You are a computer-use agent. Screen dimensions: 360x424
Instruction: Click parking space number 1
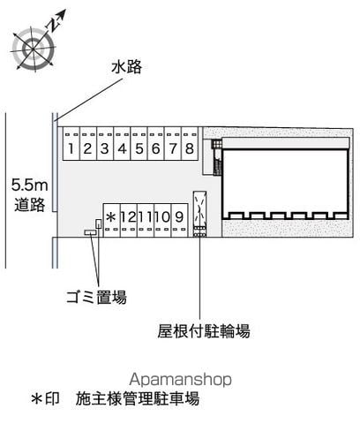click(71, 144)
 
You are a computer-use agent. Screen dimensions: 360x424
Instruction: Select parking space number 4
click(122, 144)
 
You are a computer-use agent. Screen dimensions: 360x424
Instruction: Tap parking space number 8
click(190, 144)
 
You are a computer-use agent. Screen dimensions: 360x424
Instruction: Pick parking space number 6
click(156, 144)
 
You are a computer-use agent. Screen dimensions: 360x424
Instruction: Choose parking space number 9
click(179, 220)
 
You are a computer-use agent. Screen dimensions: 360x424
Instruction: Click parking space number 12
click(129, 220)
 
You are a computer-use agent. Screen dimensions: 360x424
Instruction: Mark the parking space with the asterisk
click(111, 220)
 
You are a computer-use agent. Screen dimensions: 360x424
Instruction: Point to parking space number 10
click(162, 220)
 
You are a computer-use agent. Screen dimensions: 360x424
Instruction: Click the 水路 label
click(126, 67)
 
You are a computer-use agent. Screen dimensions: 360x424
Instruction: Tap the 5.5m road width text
click(30, 185)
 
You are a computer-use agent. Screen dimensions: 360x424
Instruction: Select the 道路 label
click(30, 205)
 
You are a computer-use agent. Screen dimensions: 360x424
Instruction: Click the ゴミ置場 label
click(96, 297)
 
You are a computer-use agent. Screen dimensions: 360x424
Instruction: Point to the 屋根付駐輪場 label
click(204, 331)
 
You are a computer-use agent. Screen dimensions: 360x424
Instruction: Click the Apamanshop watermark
click(180, 380)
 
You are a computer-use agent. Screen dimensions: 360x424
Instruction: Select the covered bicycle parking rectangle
click(199, 214)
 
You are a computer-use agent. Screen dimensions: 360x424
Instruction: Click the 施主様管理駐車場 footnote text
click(138, 398)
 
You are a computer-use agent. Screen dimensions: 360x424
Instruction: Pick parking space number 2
click(88, 144)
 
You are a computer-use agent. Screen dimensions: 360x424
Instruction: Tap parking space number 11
click(146, 220)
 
